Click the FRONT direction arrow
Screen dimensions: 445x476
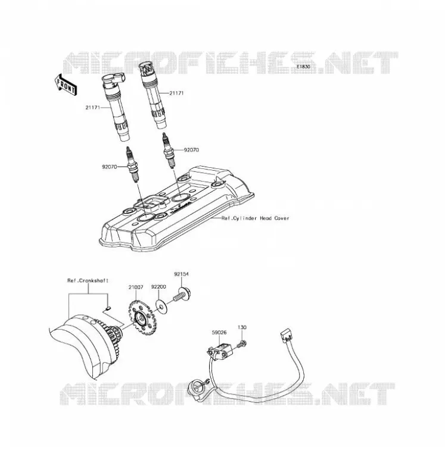click(66, 84)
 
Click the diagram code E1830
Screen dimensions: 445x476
click(303, 67)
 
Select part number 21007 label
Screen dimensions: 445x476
click(136, 287)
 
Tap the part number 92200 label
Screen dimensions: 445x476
click(158, 287)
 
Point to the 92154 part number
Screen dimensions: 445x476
click(182, 274)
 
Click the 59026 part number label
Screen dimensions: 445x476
click(219, 333)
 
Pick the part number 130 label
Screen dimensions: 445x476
click(242, 327)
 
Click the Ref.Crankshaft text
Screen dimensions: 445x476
click(88, 280)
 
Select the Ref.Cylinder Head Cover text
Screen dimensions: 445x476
click(256, 218)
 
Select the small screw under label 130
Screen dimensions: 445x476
click(242, 345)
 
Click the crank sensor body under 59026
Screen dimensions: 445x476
click(220, 350)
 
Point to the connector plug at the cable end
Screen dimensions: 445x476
click(286, 336)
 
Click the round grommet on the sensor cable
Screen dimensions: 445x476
click(196, 386)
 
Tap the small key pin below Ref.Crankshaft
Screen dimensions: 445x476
click(107, 309)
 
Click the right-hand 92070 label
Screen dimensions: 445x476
click(191, 150)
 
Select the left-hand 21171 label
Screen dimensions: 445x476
click(93, 108)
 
